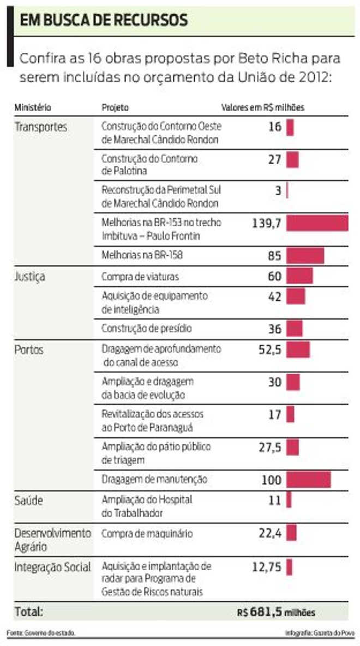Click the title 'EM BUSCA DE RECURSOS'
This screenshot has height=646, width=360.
point(104,21)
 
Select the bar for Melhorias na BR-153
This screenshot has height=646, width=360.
point(317,222)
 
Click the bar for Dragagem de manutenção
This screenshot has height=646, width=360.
point(308,480)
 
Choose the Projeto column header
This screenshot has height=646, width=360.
point(115,107)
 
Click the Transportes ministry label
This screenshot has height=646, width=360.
point(40,127)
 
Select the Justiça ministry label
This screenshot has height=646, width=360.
point(29,276)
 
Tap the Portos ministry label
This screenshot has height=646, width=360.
point(29,349)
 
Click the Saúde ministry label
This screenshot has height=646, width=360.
point(28,500)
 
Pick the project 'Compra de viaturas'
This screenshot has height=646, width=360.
point(140,276)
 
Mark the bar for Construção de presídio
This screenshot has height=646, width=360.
point(294,329)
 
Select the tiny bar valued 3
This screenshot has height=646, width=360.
point(287,191)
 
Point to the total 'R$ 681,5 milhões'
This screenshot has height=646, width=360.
point(276,612)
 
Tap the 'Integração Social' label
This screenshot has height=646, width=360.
point(52,567)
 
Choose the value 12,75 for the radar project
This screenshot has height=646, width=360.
point(267,567)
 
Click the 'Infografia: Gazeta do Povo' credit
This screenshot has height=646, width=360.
point(319,633)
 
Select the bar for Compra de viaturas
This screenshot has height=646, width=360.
point(299,276)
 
